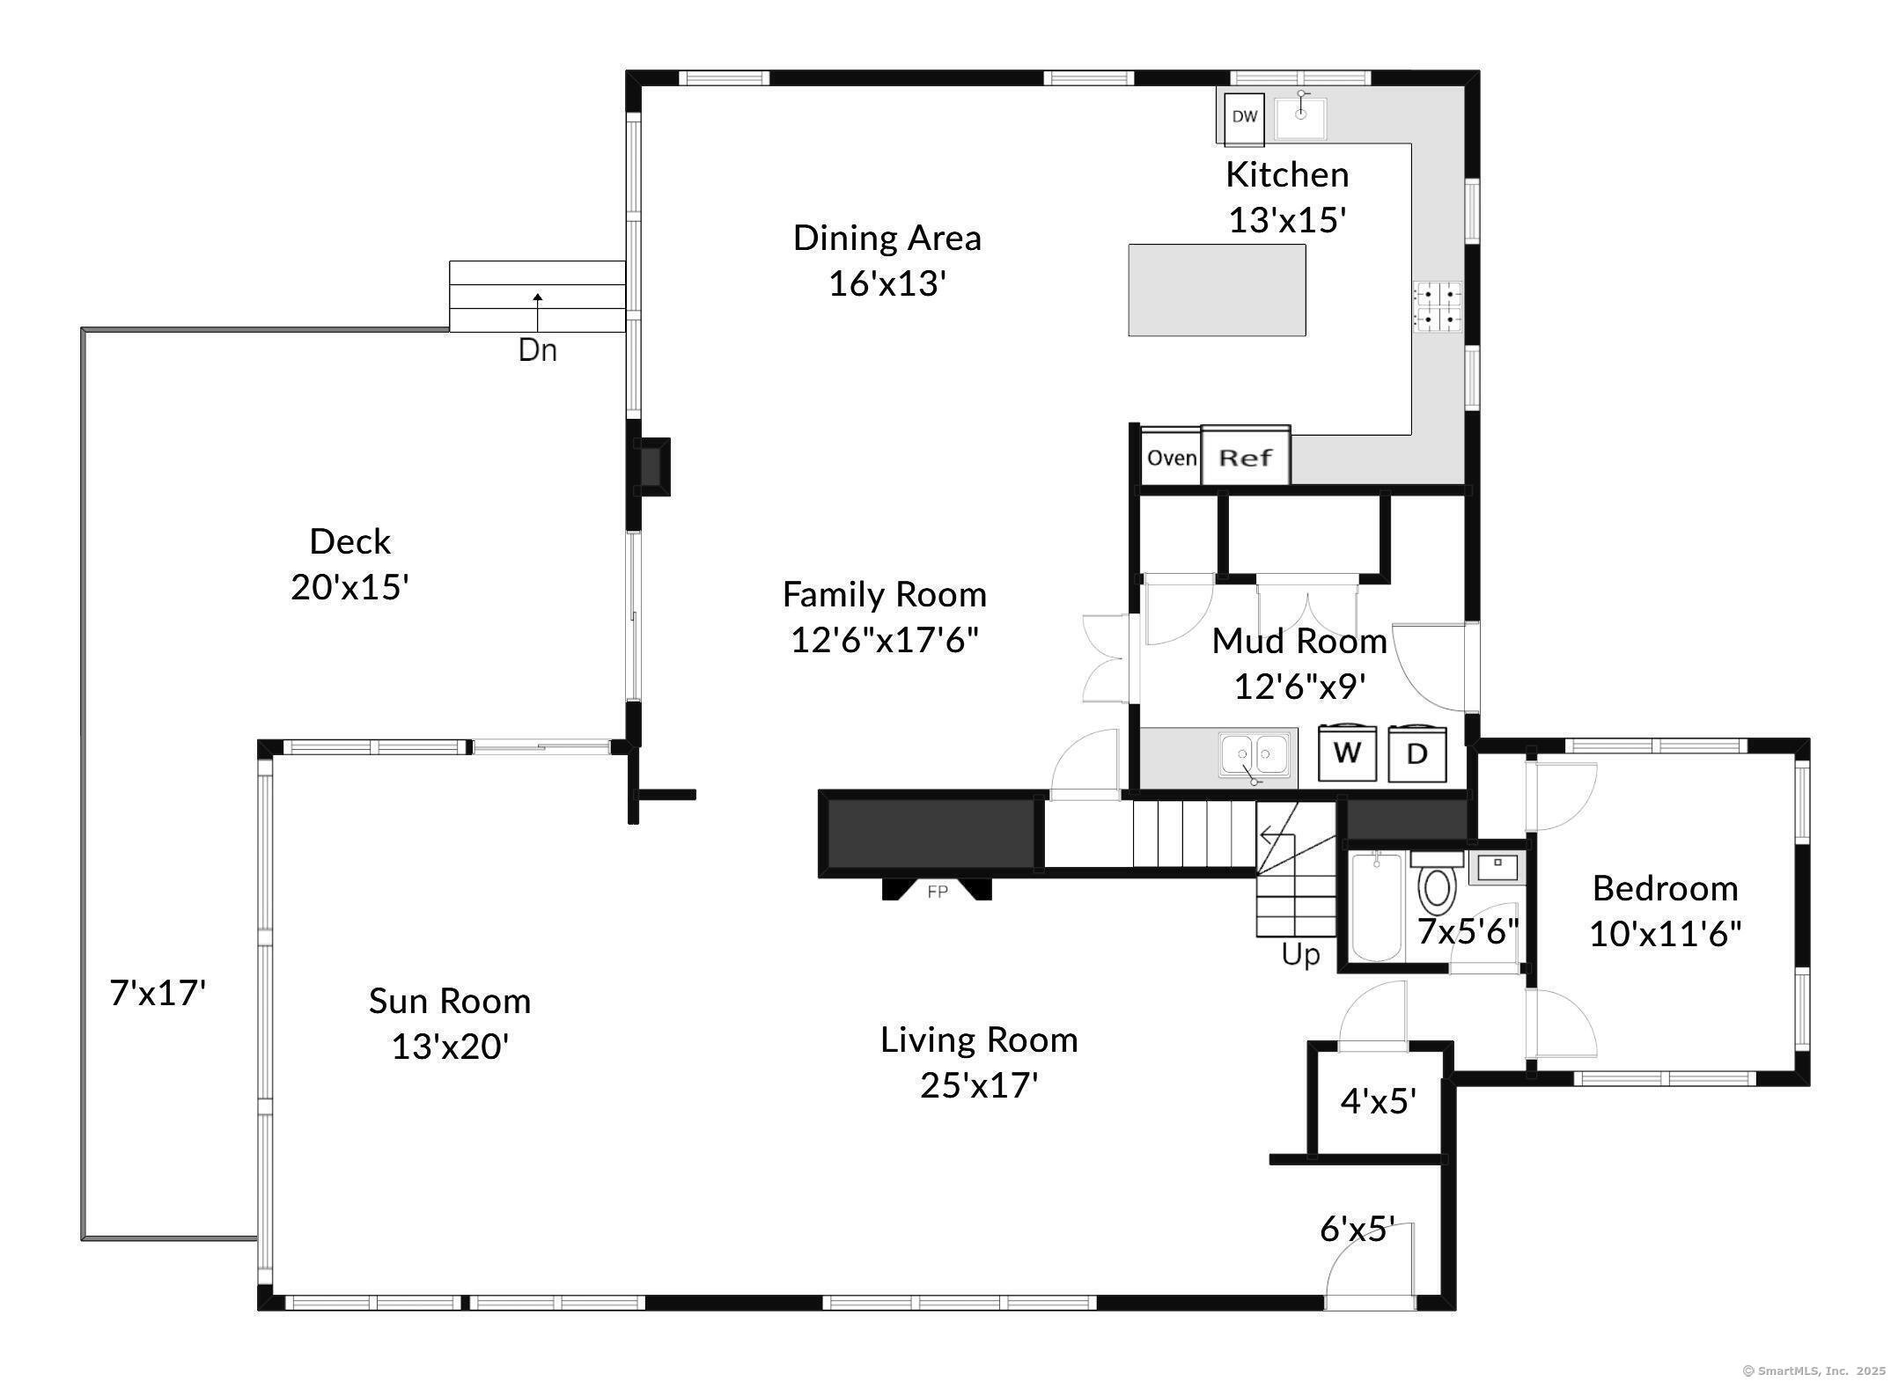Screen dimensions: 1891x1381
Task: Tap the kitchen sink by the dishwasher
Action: pos(1300,117)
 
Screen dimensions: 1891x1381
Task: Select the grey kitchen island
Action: pos(1217,290)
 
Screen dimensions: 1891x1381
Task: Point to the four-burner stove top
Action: pos(1438,306)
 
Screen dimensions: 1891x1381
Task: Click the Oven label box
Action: pos(1172,458)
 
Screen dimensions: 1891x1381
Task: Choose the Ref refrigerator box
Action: pos(1246,457)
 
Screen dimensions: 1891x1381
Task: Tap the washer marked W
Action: pos(1347,753)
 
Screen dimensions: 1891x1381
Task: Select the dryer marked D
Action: pos(1417,753)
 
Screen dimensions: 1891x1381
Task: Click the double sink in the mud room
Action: pos(1254,755)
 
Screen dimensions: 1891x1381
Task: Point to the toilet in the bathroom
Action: pos(1437,883)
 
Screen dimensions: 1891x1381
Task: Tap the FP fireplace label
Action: pos(938,893)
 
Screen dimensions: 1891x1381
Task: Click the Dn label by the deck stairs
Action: pos(537,350)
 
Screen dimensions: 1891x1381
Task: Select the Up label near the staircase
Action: pos(1300,955)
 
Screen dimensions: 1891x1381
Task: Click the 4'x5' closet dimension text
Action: pos(1379,1101)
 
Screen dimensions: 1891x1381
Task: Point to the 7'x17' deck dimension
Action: pos(158,993)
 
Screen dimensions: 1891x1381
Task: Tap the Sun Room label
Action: pos(450,1001)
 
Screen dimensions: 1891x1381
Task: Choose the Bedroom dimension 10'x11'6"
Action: pos(1666,934)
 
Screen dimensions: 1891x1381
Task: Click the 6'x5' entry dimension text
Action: pos(1358,1229)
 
